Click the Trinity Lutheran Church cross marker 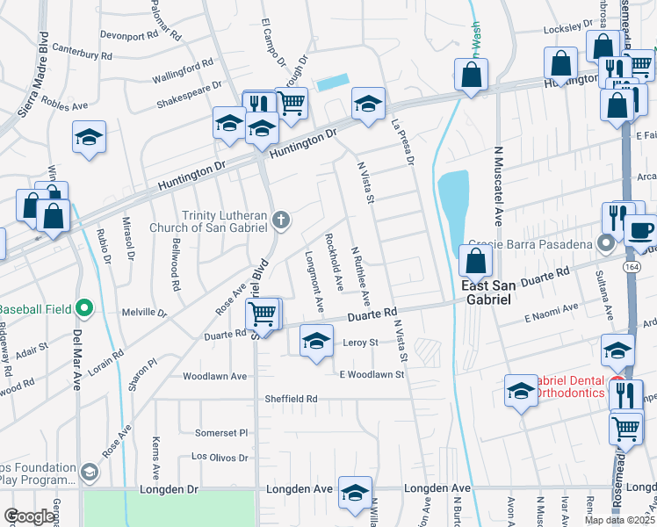tap(280, 220)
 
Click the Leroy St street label tap(359, 343)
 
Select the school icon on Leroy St tap(316, 340)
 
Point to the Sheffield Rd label tap(291, 399)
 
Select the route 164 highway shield tap(632, 267)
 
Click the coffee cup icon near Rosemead tap(639, 229)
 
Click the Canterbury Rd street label tap(83, 54)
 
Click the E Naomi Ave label tap(552, 312)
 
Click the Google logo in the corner tap(29, 516)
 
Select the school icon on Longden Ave tap(355, 493)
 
